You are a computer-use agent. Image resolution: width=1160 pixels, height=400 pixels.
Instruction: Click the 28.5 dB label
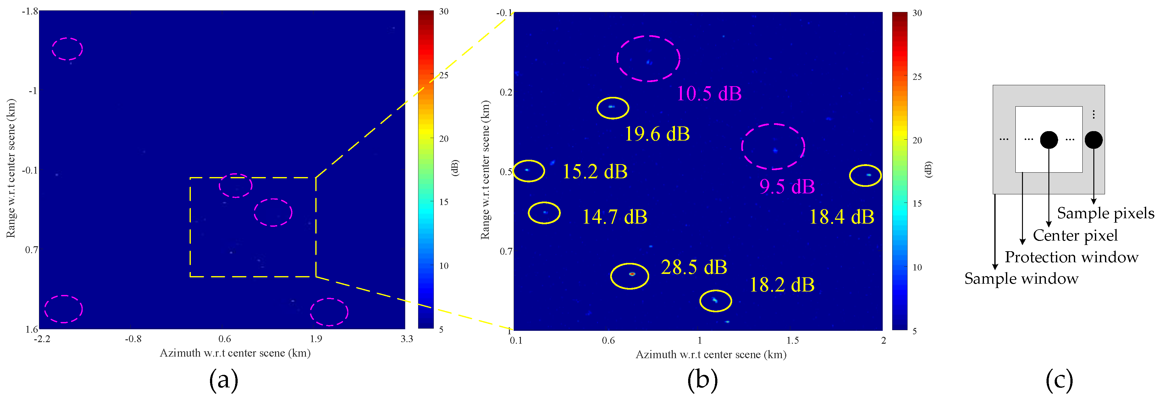tap(693, 268)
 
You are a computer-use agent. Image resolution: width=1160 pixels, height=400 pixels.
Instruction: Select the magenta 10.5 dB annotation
tap(709, 94)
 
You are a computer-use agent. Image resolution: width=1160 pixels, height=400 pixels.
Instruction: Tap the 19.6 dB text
tap(657, 134)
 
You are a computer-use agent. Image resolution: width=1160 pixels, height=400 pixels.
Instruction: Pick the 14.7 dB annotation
tap(614, 217)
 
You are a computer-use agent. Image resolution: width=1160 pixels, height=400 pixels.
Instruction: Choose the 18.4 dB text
tap(841, 217)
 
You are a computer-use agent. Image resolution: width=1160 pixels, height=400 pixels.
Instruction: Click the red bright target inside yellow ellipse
tap(631, 273)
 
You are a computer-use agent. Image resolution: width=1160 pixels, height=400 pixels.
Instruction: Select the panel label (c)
tap(1059, 380)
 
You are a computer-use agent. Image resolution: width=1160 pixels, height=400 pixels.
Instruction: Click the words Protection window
tap(1071, 257)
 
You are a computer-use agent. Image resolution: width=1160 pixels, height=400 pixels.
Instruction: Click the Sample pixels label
tap(1106, 214)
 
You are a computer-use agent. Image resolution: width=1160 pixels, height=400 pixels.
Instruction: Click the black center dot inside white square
tap(1049, 140)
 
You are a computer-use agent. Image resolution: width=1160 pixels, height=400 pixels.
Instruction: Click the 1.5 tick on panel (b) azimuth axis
tap(792, 341)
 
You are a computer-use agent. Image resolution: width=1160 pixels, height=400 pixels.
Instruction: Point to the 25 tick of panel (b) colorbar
tap(917, 77)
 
